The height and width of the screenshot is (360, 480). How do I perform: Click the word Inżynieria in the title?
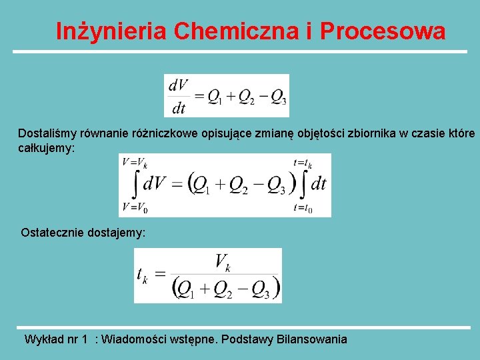110,31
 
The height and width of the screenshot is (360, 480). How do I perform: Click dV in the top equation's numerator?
179,85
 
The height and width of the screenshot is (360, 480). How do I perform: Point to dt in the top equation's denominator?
179,107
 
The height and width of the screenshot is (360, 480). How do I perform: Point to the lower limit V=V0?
135,207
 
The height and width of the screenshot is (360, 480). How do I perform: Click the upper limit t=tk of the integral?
303,162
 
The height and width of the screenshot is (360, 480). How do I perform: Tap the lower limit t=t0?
303,208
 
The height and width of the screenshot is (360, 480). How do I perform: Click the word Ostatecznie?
52,233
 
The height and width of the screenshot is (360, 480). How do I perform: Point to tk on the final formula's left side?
142,274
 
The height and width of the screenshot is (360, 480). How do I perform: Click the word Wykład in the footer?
43,339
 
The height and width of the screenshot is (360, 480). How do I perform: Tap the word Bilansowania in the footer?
313,339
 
